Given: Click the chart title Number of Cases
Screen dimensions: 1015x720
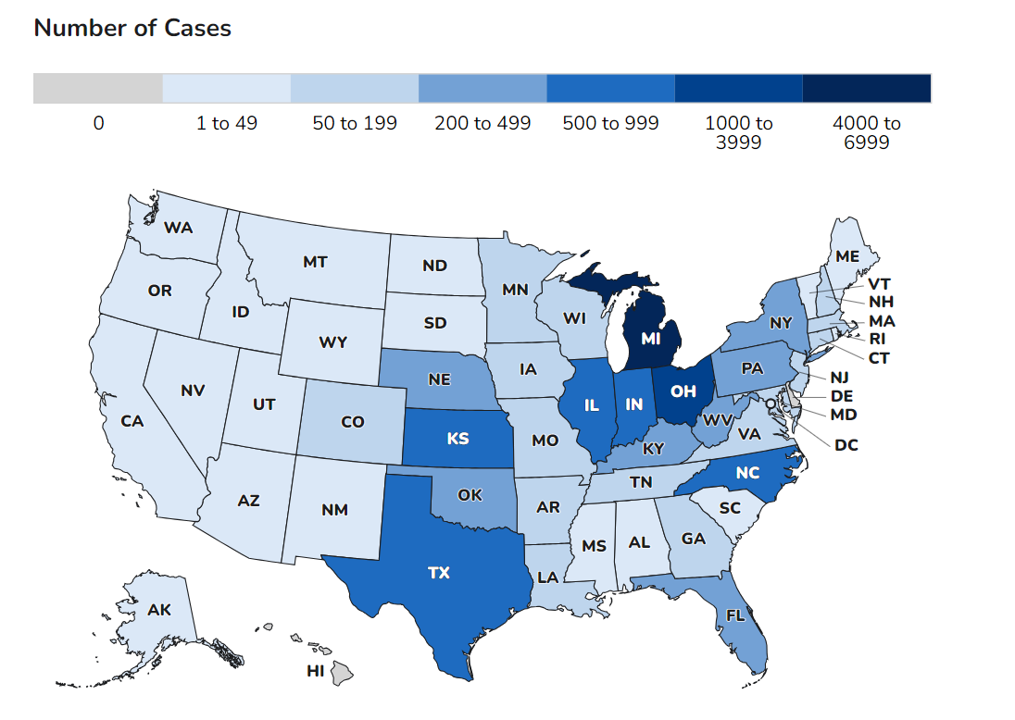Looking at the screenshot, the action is [x=132, y=28].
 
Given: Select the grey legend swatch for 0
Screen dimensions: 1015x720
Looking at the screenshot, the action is [x=98, y=88].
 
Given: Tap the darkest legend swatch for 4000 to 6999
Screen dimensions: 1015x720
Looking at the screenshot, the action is [x=867, y=88].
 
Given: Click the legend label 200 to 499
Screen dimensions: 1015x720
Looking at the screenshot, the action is [x=482, y=123].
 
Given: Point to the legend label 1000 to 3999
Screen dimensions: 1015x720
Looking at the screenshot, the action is [x=739, y=132].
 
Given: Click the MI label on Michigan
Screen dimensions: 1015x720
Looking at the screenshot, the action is [x=650, y=339].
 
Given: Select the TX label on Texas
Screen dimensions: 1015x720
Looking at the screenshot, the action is [x=439, y=573].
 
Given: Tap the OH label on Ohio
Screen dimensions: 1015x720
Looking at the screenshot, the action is [x=683, y=391].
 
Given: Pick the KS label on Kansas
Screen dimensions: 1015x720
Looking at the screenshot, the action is [x=457, y=439].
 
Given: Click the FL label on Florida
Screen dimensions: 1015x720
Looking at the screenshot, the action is [x=734, y=615].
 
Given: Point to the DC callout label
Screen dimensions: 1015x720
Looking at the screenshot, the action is [x=846, y=445].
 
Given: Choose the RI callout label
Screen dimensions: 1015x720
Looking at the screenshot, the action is [x=877, y=339].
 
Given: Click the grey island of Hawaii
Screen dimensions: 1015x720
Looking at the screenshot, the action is [x=342, y=673].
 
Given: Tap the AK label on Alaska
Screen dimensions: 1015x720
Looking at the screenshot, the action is [x=159, y=609].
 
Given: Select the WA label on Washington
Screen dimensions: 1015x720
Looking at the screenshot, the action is [x=178, y=228].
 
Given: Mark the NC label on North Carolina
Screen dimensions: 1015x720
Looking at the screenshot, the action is [x=747, y=473].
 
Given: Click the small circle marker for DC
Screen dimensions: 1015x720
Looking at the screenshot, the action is [x=771, y=403].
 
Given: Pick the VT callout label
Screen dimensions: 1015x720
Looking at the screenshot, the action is [x=879, y=284].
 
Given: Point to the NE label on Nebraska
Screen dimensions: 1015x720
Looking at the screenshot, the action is [x=439, y=379].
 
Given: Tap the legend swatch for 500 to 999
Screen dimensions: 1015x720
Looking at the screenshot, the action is [x=610, y=88].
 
